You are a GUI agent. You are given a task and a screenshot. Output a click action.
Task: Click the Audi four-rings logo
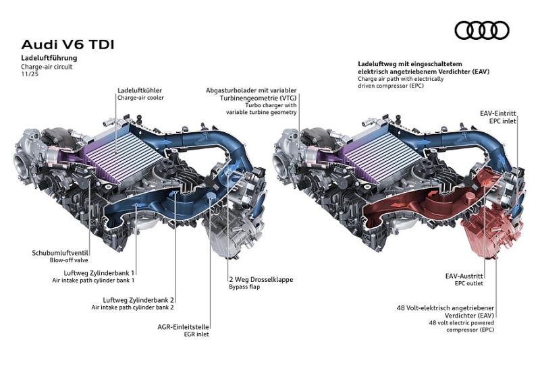[x=482, y=30]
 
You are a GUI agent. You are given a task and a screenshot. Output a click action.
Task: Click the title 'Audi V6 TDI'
[x=67, y=45]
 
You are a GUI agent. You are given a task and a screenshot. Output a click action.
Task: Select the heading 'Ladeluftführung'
[x=49, y=59]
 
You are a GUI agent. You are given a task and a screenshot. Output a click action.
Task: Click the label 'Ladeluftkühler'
[x=140, y=90]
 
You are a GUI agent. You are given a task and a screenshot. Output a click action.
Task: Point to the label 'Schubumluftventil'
[x=60, y=253]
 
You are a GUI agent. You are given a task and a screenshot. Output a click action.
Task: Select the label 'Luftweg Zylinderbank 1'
[x=94, y=272]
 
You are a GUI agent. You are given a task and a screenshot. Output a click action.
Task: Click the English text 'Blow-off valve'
[x=69, y=260]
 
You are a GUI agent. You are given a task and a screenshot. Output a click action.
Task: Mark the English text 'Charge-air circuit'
[x=47, y=67]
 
